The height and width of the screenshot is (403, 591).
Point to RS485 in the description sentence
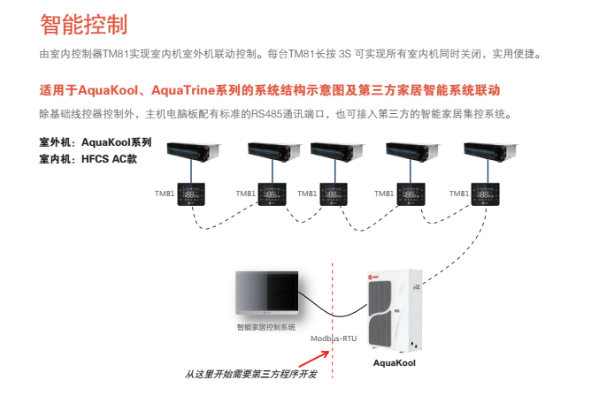click(x=265, y=114)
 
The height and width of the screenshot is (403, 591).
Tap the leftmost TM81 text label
click(x=165, y=193)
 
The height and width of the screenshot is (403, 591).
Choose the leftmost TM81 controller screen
click(x=190, y=194)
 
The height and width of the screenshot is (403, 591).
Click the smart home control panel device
click(x=266, y=295)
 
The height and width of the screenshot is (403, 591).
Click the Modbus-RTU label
click(x=334, y=338)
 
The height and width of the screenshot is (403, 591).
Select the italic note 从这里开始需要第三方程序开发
click(x=251, y=375)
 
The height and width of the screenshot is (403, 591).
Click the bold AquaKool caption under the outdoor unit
click(x=394, y=362)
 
